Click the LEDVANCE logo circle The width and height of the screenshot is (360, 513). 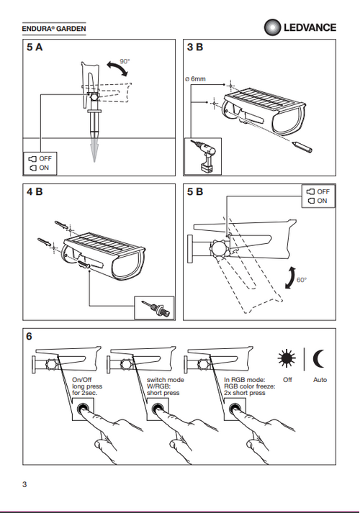tap(272, 27)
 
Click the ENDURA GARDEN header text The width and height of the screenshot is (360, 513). tap(54, 29)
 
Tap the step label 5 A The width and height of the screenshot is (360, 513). tap(35, 47)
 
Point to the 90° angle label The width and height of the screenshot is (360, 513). tap(125, 61)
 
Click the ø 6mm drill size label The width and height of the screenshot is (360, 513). tap(195, 79)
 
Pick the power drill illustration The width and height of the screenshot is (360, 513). tap(204, 156)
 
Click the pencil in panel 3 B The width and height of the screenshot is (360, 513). tap(302, 147)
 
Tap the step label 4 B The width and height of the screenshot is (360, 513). tap(35, 191)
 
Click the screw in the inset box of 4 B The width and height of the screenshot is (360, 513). tap(156, 308)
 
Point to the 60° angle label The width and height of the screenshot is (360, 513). tap(302, 280)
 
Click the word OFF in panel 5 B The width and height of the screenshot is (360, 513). tap(323, 191)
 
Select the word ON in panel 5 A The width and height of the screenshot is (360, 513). tap(44, 168)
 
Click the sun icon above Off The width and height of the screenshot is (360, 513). tap(287, 358)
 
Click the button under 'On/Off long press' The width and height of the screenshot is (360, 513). tap(82, 409)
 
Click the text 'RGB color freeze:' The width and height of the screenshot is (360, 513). tap(250, 386)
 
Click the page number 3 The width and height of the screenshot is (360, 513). tap(24, 484)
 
